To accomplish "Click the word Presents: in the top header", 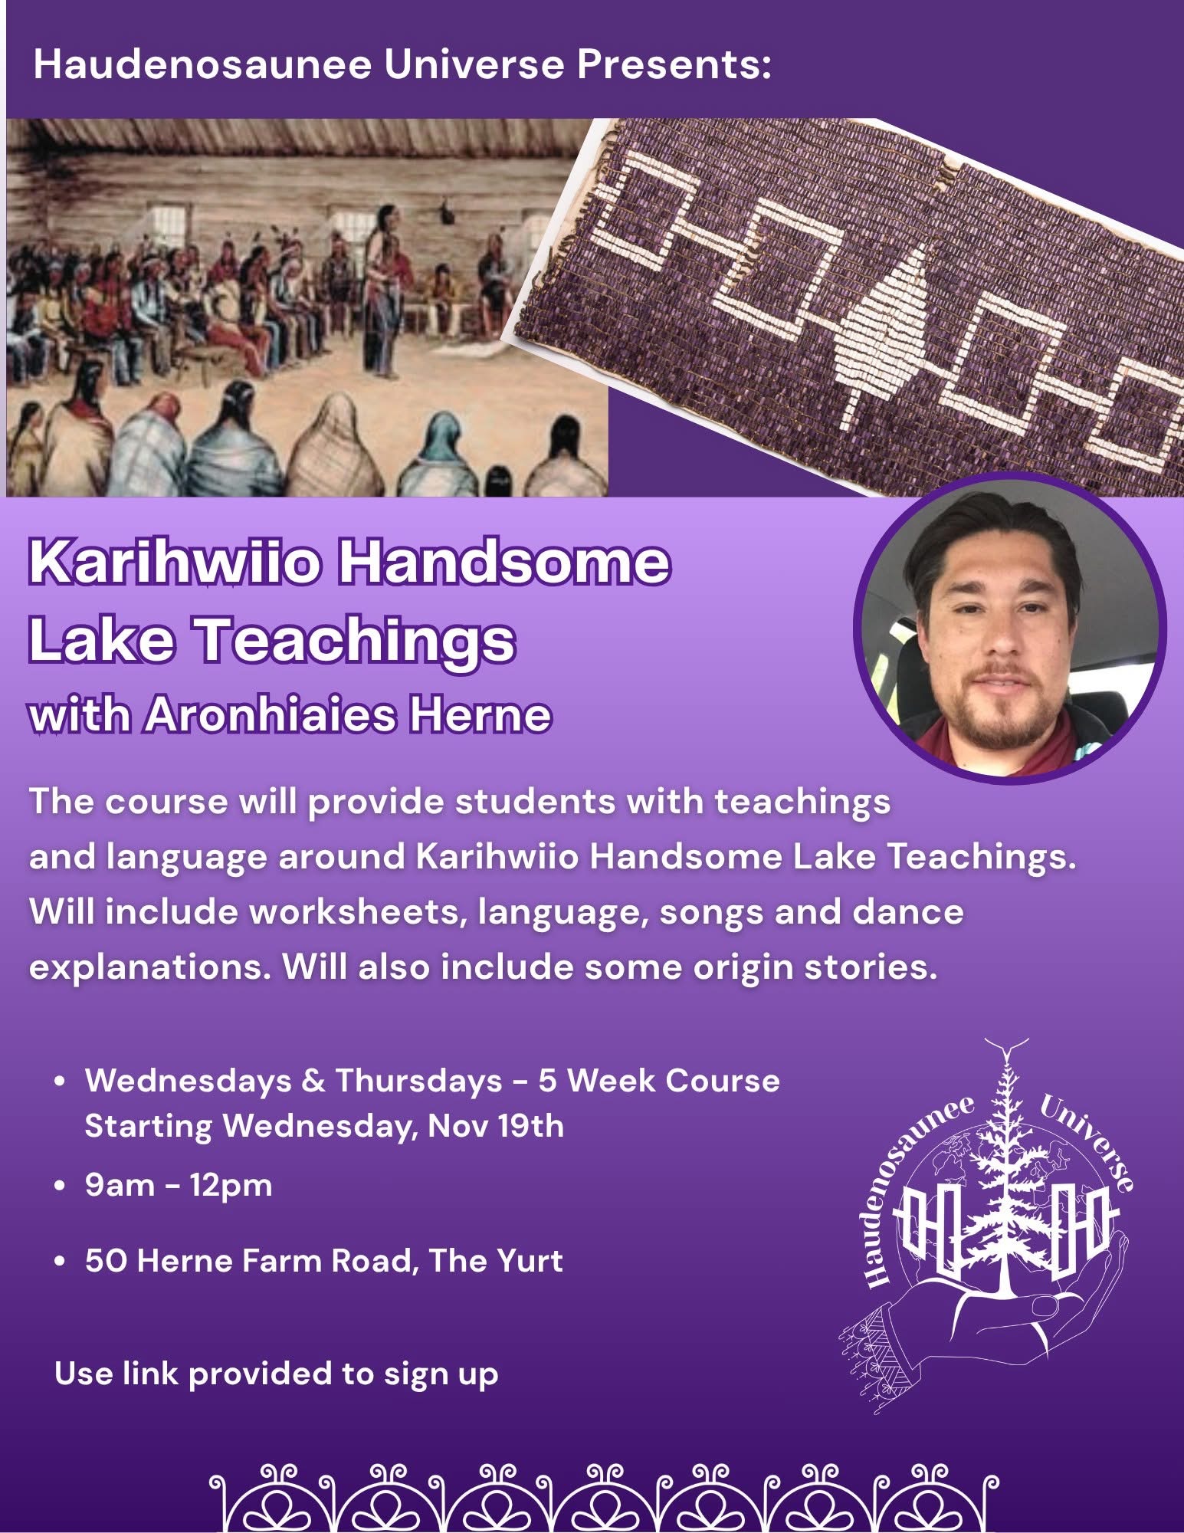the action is coord(674,64).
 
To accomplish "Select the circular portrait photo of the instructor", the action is coord(1010,629).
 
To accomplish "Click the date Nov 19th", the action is coord(496,1126).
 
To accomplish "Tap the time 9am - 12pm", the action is coord(179,1186).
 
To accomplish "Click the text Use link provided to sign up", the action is coord(276,1374).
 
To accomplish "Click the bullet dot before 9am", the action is coord(59,1187).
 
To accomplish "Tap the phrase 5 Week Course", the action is coord(658,1081).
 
